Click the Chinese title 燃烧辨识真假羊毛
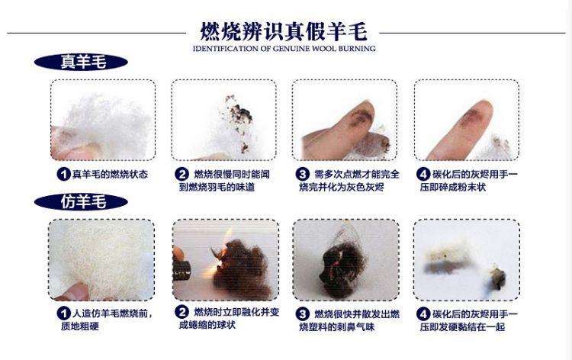(x=284, y=31)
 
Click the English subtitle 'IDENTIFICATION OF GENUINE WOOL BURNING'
(x=284, y=49)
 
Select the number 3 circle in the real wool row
(x=303, y=174)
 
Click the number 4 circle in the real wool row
(x=423, y=174)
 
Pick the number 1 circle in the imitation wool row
(x=65, y=313)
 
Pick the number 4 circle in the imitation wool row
(x=423, y=313)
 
